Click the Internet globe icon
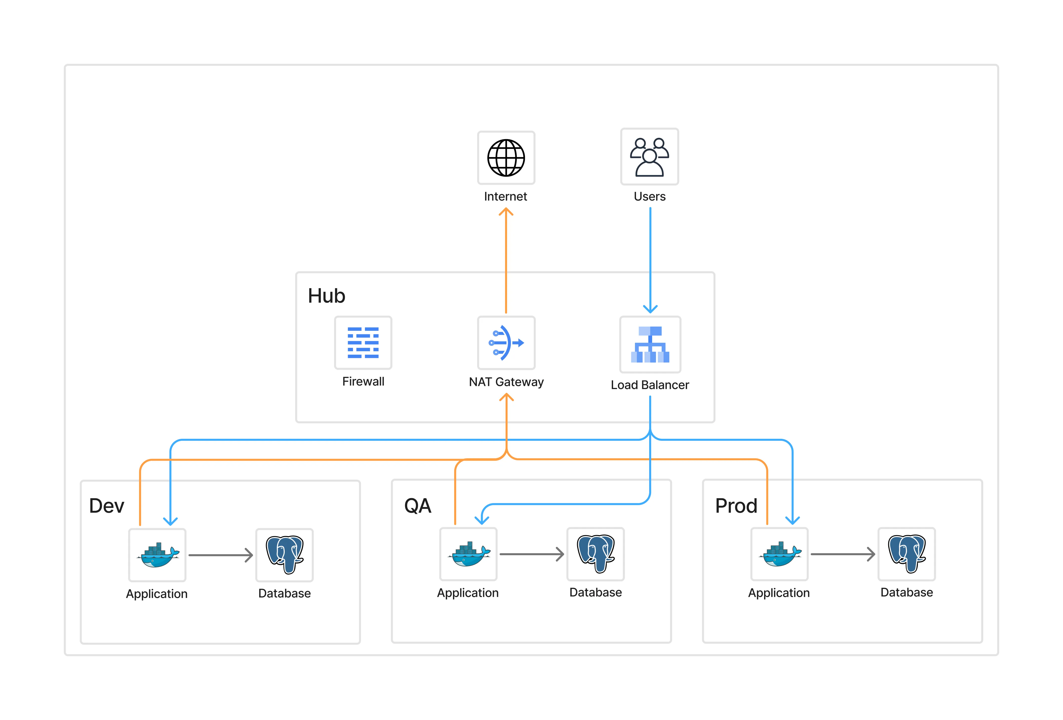(x=506, y=158)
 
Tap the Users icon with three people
(x=649, y=157)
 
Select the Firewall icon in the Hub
(x=363, y=343)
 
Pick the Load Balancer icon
(x=650, y=345)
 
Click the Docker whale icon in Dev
(x=157, y=555)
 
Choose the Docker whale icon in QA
(x=468, y=554)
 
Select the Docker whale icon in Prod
(x=779, y=554)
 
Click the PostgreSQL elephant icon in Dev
(x=284, y=555)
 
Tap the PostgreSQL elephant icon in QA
(x=596, y=554)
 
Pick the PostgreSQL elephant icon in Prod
(x=907, y=554)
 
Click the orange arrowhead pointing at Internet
(x=506, y=212)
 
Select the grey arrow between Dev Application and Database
(x=220, y=555)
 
